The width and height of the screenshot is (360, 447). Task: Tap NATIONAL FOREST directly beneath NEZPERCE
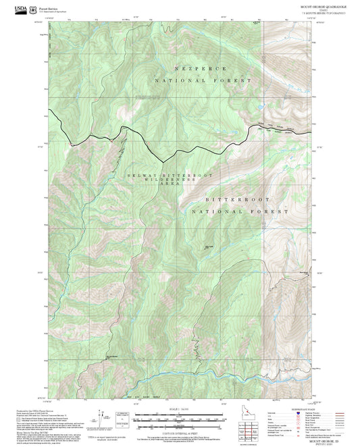point(203,80)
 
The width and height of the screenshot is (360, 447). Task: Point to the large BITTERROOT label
point(232,201)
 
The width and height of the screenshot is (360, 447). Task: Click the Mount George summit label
point(209,247)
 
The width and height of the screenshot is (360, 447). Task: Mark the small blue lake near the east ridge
point(259,107)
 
